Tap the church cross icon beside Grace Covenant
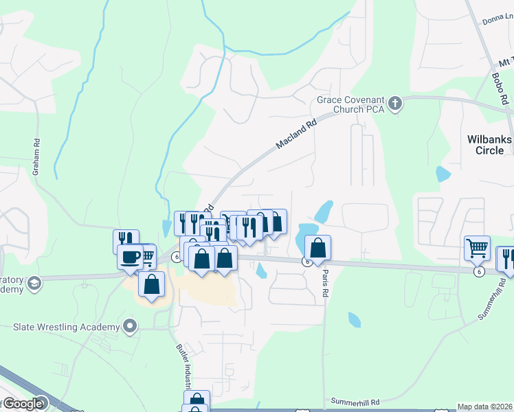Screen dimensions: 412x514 tap(394, 104)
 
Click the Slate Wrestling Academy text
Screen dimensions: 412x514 tap(67, 328)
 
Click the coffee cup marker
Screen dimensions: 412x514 tap(131, 257)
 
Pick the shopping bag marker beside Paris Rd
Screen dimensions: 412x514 tap(318, 247)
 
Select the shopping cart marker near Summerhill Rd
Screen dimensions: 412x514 tap(477, 247)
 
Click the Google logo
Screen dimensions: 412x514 tap(23, 404)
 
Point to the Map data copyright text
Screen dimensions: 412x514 tap(485, 407)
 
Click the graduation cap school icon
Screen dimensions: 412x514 tap(34, 282)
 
